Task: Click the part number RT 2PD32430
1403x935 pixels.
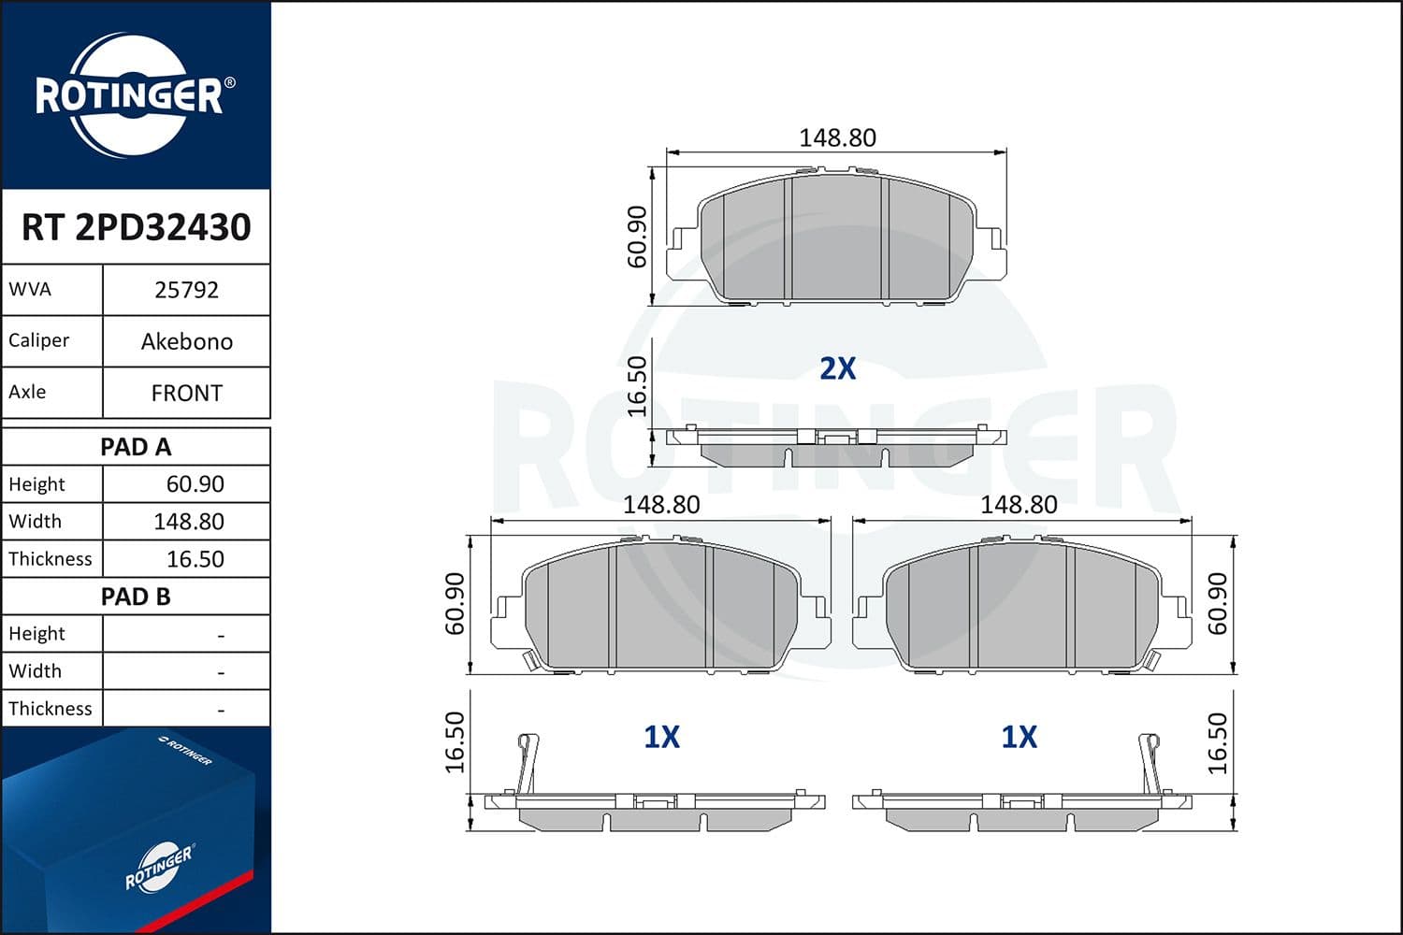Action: pos(136,227)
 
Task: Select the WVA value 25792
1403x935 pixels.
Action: pos(186,290)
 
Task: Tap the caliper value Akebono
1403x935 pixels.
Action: pos(186,341)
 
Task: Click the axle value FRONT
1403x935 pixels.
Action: pos(186,393)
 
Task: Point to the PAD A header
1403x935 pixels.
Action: pos(136,447)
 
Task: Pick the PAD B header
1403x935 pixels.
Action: pos(136,597)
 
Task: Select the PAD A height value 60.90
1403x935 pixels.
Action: pos(195,484)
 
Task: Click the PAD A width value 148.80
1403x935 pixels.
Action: pos(188,522)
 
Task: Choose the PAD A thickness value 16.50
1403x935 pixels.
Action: pos(195,559)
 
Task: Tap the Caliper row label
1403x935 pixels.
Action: pos(38,340)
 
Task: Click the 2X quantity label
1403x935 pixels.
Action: pos(837,368)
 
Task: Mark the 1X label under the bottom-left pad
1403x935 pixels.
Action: pos(661,737)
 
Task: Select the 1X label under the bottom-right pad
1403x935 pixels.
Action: pos(1019,737)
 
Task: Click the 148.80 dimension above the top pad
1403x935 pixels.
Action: pos(837,137)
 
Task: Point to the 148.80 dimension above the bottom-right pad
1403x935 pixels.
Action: pos(1019,504)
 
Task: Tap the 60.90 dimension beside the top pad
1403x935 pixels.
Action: pos(637,237)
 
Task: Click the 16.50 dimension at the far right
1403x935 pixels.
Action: pos(1217,743)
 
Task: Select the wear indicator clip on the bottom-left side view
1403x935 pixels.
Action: pos(528,762)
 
